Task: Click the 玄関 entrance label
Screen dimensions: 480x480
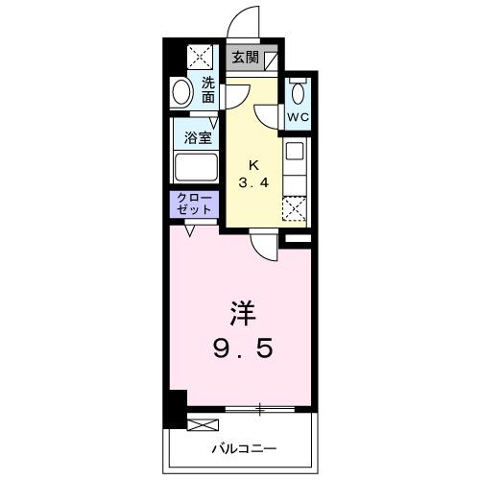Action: (246, 57)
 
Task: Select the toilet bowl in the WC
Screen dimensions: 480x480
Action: (298, 94)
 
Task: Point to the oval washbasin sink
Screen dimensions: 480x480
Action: (181, 93)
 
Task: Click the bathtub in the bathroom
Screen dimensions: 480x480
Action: (195, 167)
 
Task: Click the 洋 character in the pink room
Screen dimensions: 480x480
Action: (242, 313)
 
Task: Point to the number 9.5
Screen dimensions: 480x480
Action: (242, 347)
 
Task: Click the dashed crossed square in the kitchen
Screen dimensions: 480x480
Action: (296, 206)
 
